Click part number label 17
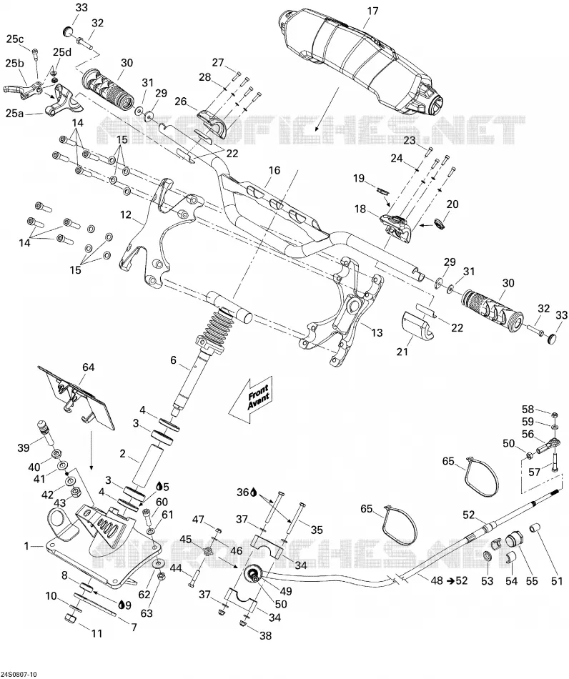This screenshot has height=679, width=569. coord(372,11)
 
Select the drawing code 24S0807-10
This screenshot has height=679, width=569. coord(20,674)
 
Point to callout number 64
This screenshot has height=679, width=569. coord(89,367)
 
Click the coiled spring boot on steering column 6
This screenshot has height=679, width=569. coord(217,331)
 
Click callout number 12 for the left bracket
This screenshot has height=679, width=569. coord(125,214)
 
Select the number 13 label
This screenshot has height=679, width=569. coord(377,332)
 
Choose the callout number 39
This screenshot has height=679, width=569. coord(23,447)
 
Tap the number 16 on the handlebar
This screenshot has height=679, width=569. coord(274,170)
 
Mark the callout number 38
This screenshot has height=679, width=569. coord(265,635)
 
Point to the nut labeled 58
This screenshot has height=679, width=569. coord(554,415)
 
